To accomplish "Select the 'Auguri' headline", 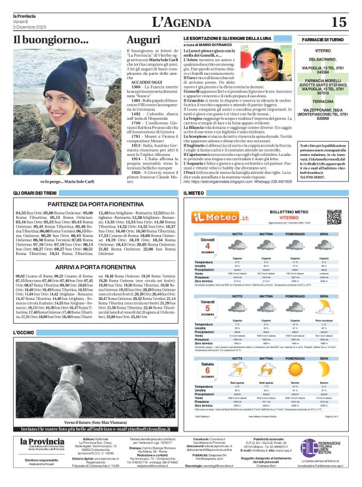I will coord(143,40).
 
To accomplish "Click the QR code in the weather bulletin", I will coord(335,217).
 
